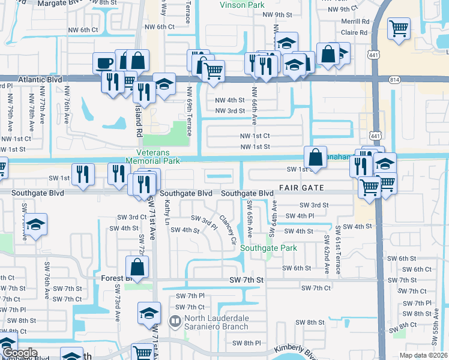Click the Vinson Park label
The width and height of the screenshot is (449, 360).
242,5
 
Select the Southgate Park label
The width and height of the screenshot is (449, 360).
268,248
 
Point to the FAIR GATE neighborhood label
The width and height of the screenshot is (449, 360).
301,188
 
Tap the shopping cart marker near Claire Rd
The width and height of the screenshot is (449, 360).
399,28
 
